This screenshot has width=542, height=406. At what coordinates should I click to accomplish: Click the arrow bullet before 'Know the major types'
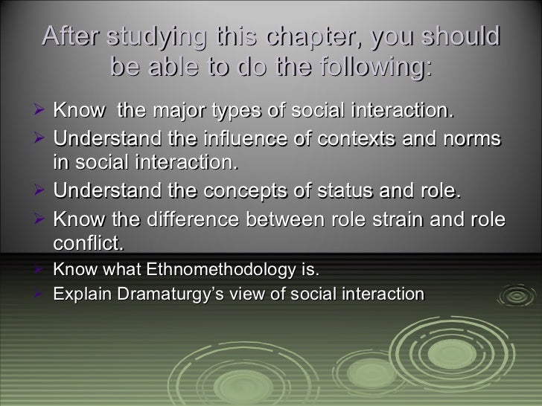(42, 112)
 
